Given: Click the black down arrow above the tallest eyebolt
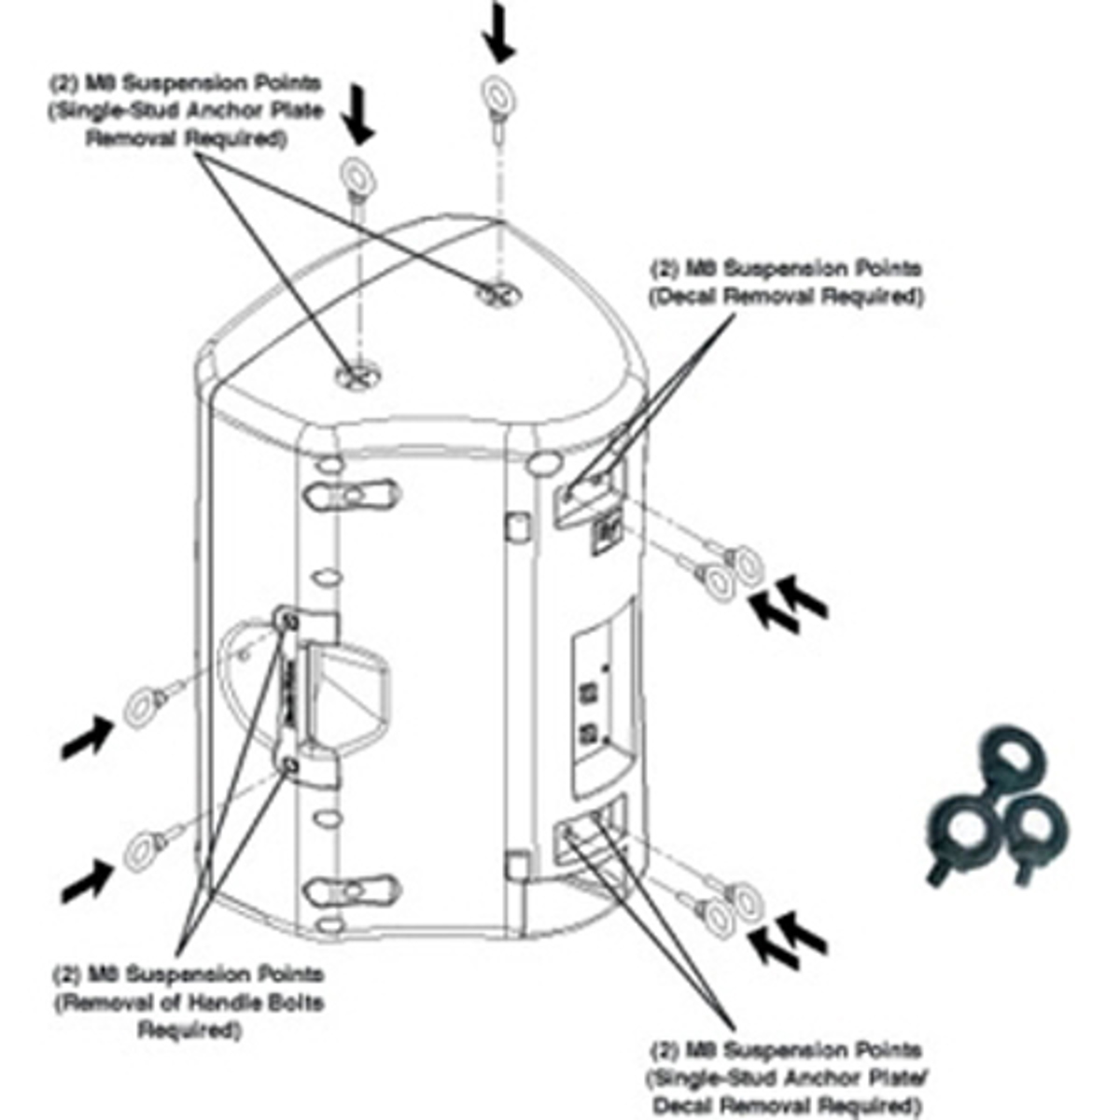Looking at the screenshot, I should (x=497, y=35).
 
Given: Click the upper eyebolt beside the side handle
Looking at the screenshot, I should (x=140, y=705).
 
